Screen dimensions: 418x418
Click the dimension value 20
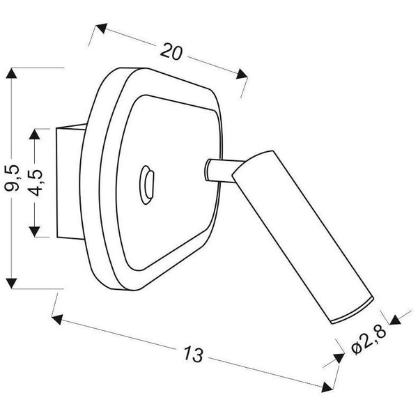(171, 51)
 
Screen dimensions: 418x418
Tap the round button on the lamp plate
(147, 183)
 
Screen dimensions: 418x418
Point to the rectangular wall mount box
(68, 182)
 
